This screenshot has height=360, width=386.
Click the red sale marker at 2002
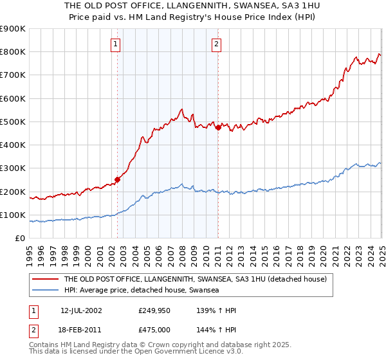click(x=117, y=179)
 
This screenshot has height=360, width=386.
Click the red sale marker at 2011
click(x=218, y=127)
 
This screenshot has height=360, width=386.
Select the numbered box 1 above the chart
click(x=115, y=44)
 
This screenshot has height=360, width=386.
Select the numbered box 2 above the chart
click(x=216, y=44)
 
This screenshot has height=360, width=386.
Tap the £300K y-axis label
click(x=14, y=168)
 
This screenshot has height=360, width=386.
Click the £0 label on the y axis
click(x=19, y=239)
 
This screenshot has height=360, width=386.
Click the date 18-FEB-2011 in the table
click(x=81, y=330)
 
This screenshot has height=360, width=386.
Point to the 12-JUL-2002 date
click(x=81, y=310)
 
